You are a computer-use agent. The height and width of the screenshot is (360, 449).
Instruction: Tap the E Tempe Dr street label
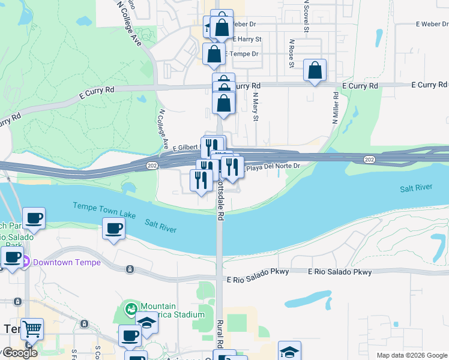click(243, 54)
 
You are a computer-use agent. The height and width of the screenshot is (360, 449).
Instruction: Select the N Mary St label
click(255, 107)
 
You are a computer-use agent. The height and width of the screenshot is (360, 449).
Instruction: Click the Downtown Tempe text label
click(67, 262)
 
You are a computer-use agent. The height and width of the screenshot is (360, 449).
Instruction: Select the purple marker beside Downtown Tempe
click(26, 262)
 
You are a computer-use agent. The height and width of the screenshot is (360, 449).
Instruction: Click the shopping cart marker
click(32, 328)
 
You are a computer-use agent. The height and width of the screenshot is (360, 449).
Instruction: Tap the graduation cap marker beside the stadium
click(146, 323)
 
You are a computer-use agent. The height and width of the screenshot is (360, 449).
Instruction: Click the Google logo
click(20, 352)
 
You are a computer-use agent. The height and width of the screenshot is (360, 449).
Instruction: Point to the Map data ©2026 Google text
click(412, 355)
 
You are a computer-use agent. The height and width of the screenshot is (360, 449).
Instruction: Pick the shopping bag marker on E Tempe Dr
click(214, 54)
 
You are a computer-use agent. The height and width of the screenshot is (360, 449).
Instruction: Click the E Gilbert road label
click(186, 148)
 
